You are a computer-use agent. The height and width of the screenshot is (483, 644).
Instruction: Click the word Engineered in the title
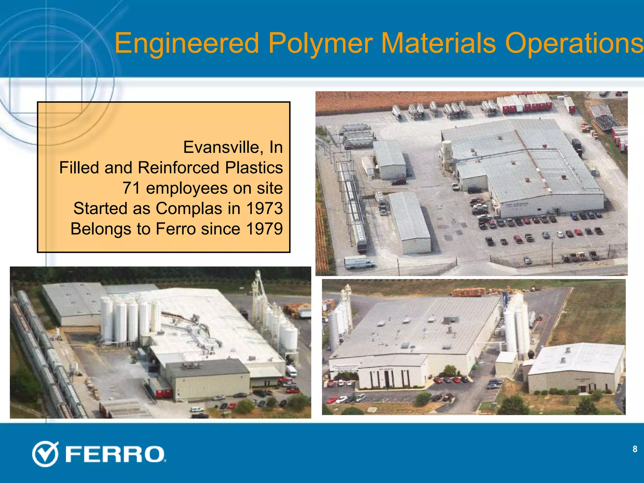pyautogui.click(x=186, y=43)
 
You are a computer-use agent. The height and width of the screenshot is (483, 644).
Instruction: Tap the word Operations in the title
pyautogui.click(x=575, y=43)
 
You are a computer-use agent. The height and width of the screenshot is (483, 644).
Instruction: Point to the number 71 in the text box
pyautogui.click(x=131, y=188)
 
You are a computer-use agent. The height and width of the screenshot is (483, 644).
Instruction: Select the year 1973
pyautogui.click(x=264, y=208)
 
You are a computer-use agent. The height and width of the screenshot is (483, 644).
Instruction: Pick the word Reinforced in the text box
pyautogui.click(x=179, y=168)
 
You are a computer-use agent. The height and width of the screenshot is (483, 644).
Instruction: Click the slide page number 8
pyautogui.click(x=635, y=449)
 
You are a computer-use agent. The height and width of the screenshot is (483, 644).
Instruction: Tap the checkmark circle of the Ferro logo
pyautogui.click(x=45, y=454)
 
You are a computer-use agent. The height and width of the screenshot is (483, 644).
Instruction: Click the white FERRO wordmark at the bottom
pyautogui.click(x=115, y=454)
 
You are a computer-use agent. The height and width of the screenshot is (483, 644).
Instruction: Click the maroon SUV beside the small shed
pyautogui.click(x=398, y=181)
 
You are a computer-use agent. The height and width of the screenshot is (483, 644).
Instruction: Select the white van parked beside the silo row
pyautogui.click(x=291, y=371)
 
